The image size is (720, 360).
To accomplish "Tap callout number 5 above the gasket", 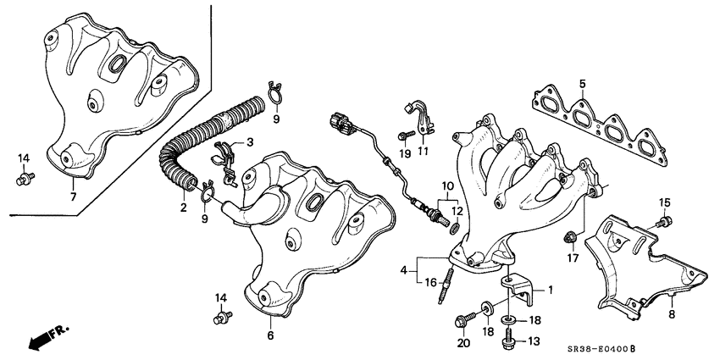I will click(583, 83).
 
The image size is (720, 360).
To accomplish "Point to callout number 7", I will click(74, 197).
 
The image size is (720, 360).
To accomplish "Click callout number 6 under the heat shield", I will click(271, 336).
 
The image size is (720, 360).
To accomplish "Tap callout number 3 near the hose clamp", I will click(250, 141).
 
